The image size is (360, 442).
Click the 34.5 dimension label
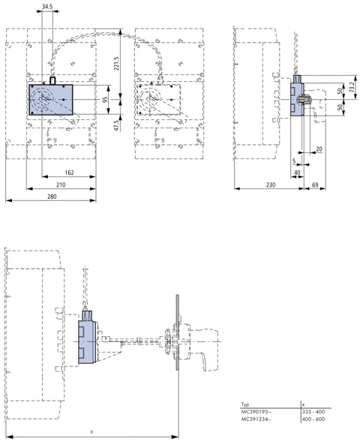47,6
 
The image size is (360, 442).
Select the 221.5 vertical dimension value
116,63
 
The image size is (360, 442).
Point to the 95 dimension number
105,100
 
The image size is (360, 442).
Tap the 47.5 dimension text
117,125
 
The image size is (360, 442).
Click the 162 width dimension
69,173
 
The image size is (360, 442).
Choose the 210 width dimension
61,185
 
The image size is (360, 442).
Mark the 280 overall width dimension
52,197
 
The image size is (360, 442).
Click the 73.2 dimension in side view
352,87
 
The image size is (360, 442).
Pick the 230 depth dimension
271,185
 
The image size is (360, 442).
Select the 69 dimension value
315,185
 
